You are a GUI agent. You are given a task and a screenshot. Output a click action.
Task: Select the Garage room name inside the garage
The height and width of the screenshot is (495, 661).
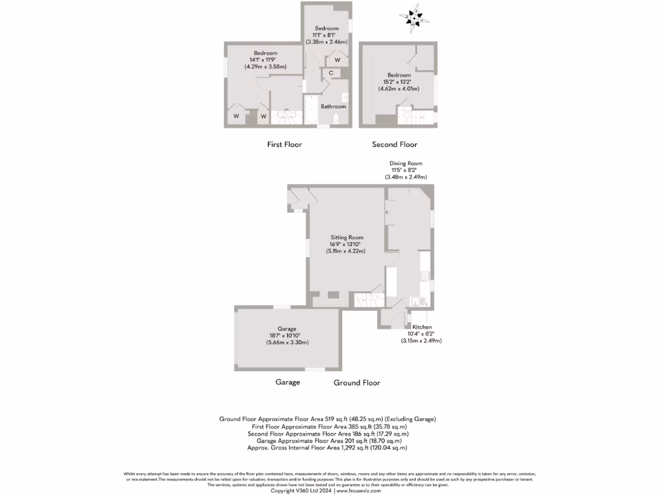click(x=287, y=329)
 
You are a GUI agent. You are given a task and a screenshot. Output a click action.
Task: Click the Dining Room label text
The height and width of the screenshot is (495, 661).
click(x=406, y=164)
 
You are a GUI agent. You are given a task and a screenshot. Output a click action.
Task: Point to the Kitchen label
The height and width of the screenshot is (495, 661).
click(x=422, y=327)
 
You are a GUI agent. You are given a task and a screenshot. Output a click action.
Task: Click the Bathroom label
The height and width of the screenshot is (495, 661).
click(x=334, y=106)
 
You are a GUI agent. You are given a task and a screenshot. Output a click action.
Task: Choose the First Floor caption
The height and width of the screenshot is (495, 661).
click(x=285, y=144)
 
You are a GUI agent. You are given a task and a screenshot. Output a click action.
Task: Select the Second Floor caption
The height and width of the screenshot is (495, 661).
click(x=394, y=144)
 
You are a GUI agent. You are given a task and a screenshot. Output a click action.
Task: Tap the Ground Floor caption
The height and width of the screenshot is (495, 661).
click(x=357, y=383)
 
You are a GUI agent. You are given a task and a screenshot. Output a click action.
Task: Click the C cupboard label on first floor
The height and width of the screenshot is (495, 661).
click(x=331, y=73)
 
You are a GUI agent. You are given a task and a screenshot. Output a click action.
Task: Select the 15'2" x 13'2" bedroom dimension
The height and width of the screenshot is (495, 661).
click(x=399, y=82)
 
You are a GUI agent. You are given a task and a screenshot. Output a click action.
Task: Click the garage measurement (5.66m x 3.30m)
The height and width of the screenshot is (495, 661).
click(x=287, y=342)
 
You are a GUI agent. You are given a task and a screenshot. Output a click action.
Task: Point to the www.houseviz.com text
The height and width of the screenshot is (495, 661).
click(x=359, y=490)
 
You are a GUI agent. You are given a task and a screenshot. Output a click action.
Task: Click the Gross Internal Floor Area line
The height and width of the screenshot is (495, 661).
click(x=327, y=447)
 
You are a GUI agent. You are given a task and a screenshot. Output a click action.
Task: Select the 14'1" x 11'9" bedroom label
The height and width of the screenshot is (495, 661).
click(x=265, y=60)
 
